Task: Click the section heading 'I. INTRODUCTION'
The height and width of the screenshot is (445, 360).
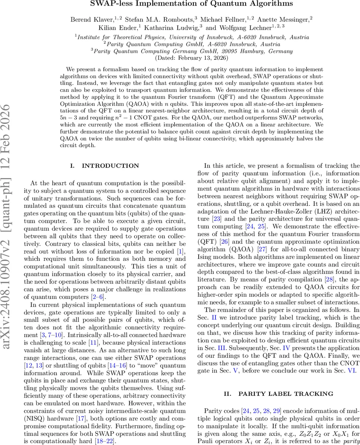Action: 105,166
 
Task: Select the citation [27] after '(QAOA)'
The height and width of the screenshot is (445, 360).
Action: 268,248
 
